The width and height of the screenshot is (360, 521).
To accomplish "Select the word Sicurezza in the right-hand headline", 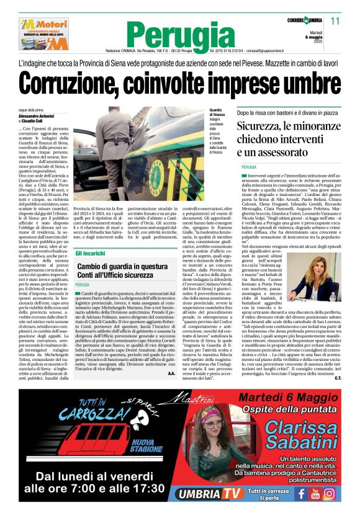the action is coord(266,127).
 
